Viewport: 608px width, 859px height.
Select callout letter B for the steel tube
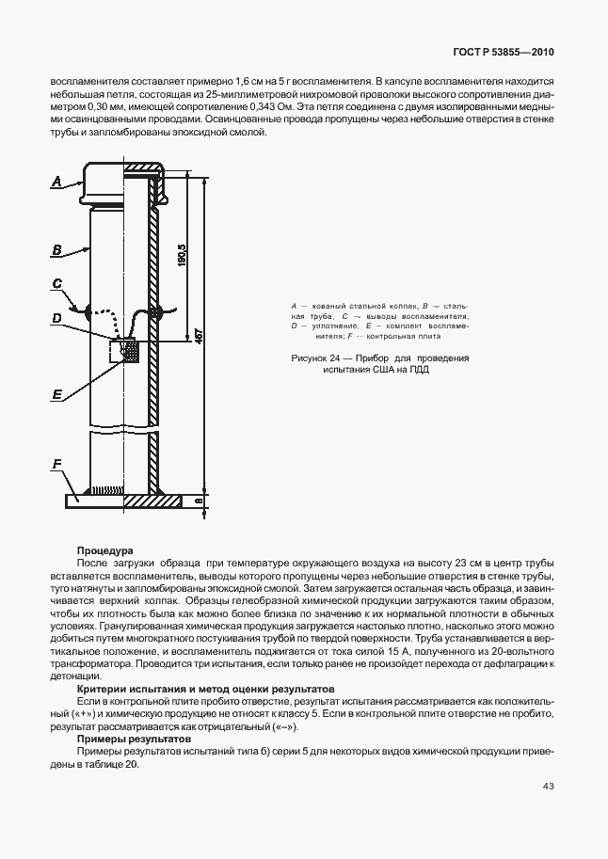57,250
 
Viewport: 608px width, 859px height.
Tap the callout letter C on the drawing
57,283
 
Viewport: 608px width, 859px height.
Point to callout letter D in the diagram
57,319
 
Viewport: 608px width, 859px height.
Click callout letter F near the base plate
57,465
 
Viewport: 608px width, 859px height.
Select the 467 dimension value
199,336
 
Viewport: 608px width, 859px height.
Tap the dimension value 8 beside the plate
199,501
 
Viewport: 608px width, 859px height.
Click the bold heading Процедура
104,550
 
